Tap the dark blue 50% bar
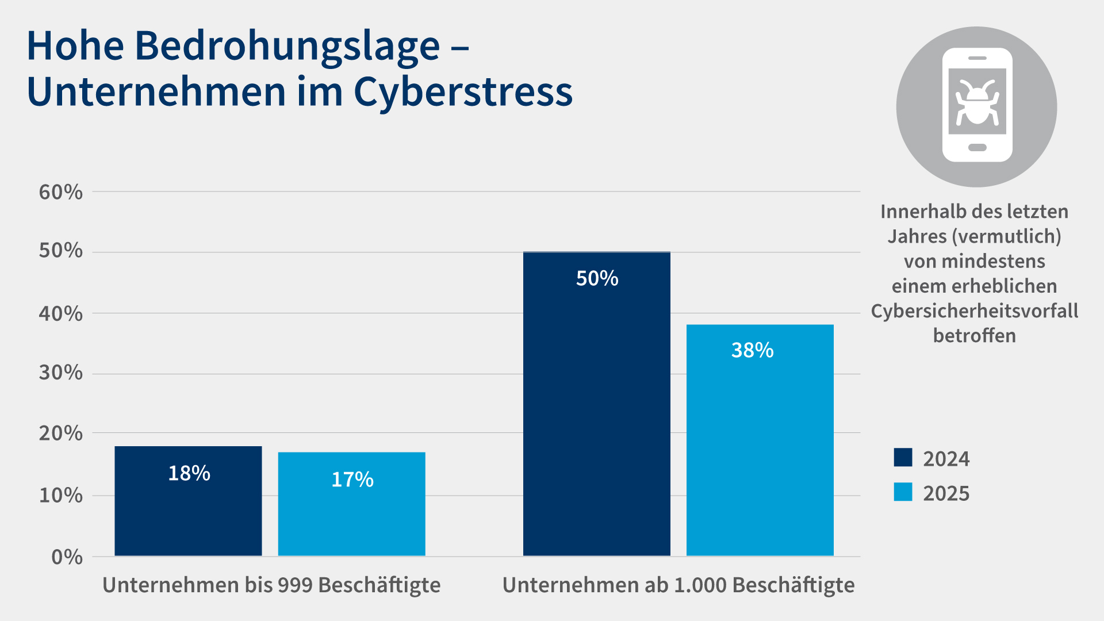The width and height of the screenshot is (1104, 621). click(596, 414)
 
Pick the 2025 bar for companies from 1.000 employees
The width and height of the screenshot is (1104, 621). click(760, 448)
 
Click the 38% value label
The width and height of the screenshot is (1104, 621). click(752, 350)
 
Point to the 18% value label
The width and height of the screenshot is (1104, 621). click(189, 473)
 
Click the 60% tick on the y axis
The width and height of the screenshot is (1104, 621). click(60, 192)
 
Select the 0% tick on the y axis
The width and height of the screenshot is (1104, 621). click(67, 557)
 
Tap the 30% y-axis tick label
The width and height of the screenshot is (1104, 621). click(60, 373)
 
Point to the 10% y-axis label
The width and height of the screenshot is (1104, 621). click(60, 495)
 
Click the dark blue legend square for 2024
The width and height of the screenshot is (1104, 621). click(903, 458)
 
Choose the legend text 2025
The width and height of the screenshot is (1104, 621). click(946, 493)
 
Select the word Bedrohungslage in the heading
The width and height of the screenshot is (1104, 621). click(287, 46)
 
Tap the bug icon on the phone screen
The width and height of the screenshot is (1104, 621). click(976, 102)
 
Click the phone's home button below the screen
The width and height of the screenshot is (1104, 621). click(977, 148)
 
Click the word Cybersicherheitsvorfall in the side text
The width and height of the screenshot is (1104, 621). click(974, 311)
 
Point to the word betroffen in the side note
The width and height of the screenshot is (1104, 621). click(974, 336)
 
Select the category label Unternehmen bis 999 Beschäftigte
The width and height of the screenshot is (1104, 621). click(271, 585)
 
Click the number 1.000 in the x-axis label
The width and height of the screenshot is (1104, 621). click(700, 585)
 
